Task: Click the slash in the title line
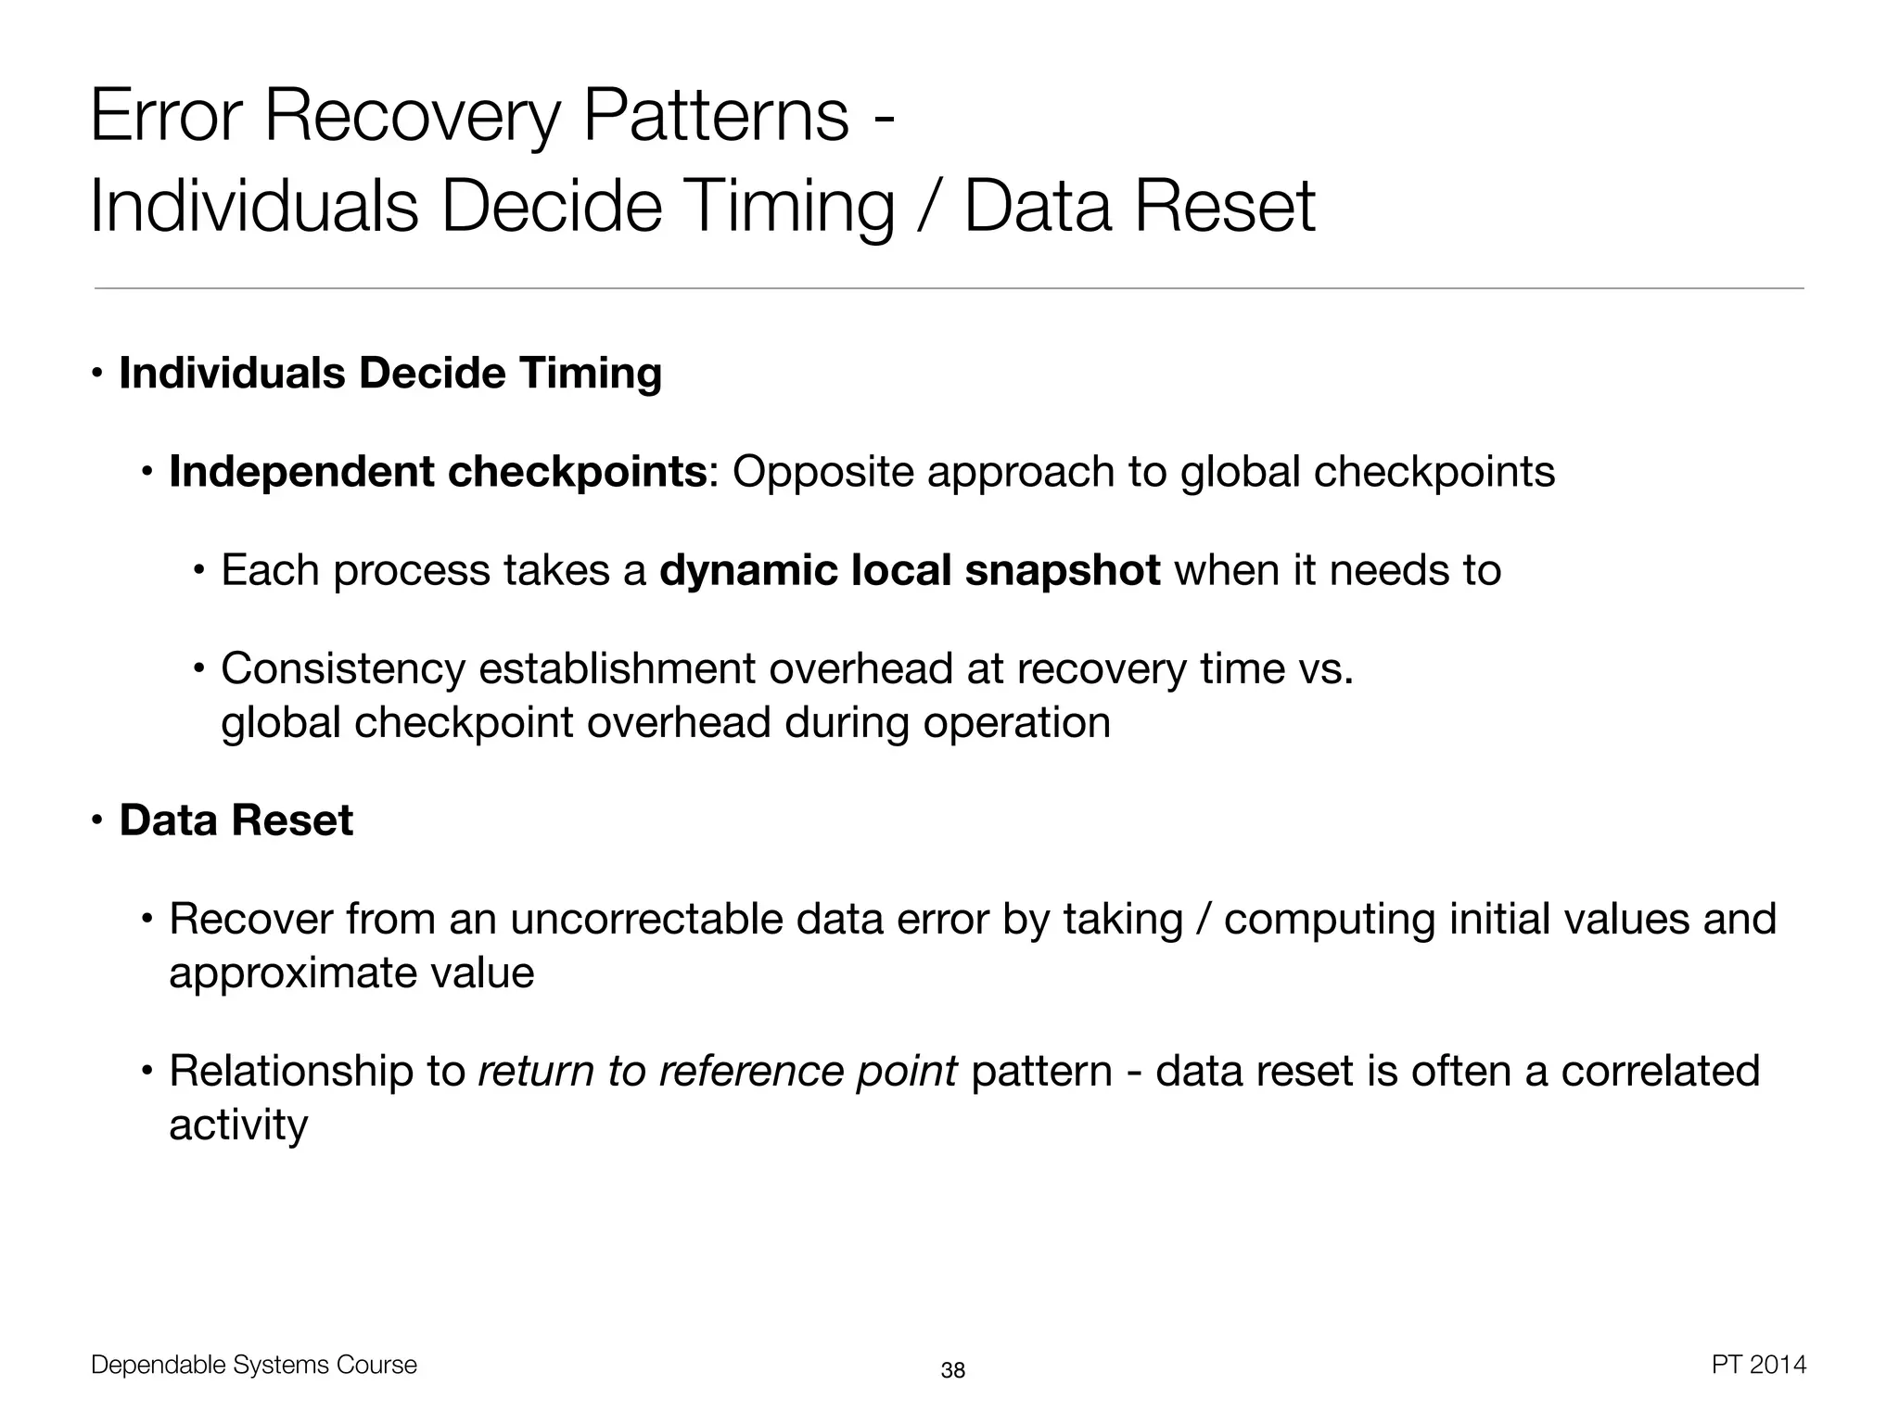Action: [x=929, y=206]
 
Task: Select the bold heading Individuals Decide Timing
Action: [x=390, y=374]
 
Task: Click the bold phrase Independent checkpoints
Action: [x=438, y=472]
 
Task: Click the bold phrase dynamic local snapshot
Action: [x=909, y=570]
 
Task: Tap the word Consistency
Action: [x=342, y=668]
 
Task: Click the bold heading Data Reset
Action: [x=236, y=820]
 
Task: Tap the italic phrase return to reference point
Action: [x=717, y=1072]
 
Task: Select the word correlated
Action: [x=1659, y=1072]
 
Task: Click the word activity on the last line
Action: [x=237, y=1125]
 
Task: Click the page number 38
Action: [x=952, y=1370]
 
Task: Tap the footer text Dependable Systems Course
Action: [x=253, y=1365]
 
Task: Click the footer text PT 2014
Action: [x=1758, y=1365]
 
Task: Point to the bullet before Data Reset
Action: [x=96, y=820]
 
